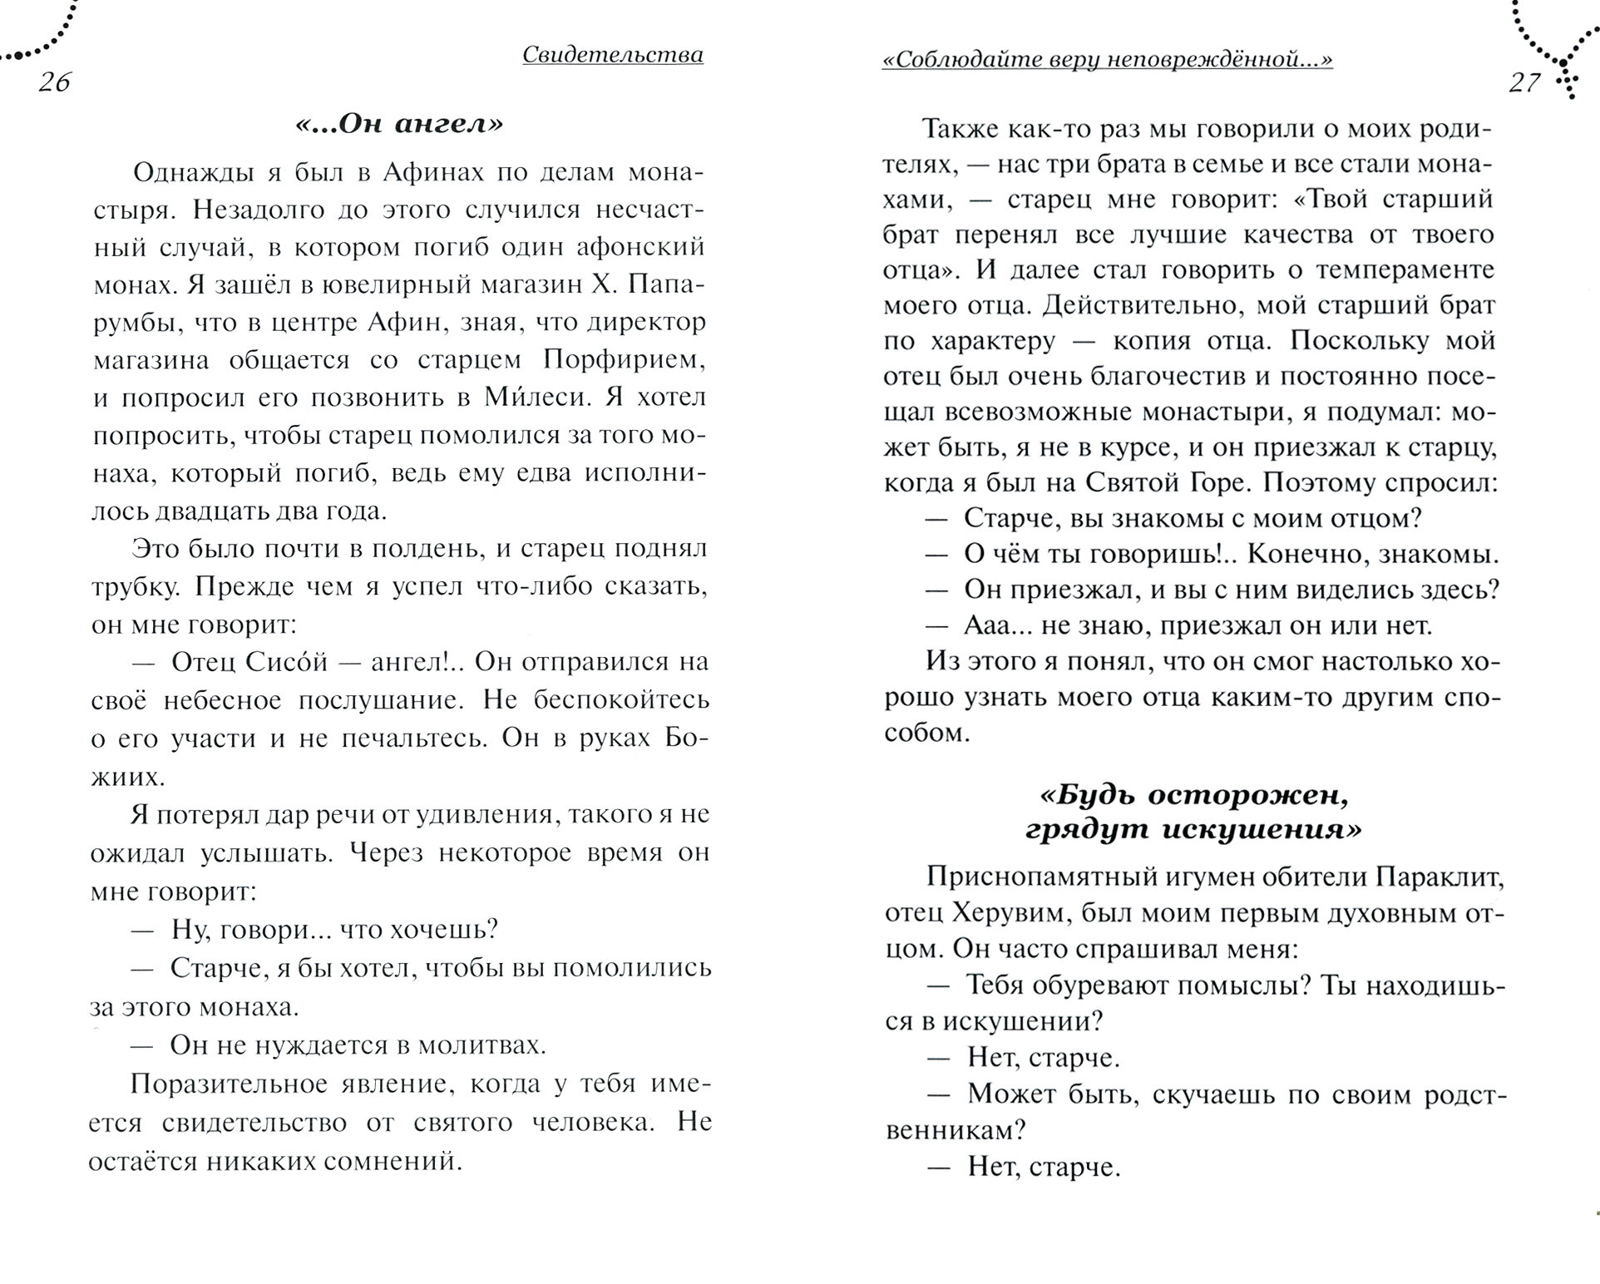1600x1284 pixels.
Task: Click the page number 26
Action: point(55,82)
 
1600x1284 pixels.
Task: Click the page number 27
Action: point(1525,82)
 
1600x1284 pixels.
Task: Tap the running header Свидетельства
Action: point(613,55)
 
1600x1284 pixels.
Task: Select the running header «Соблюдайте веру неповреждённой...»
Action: point(1107,59)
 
